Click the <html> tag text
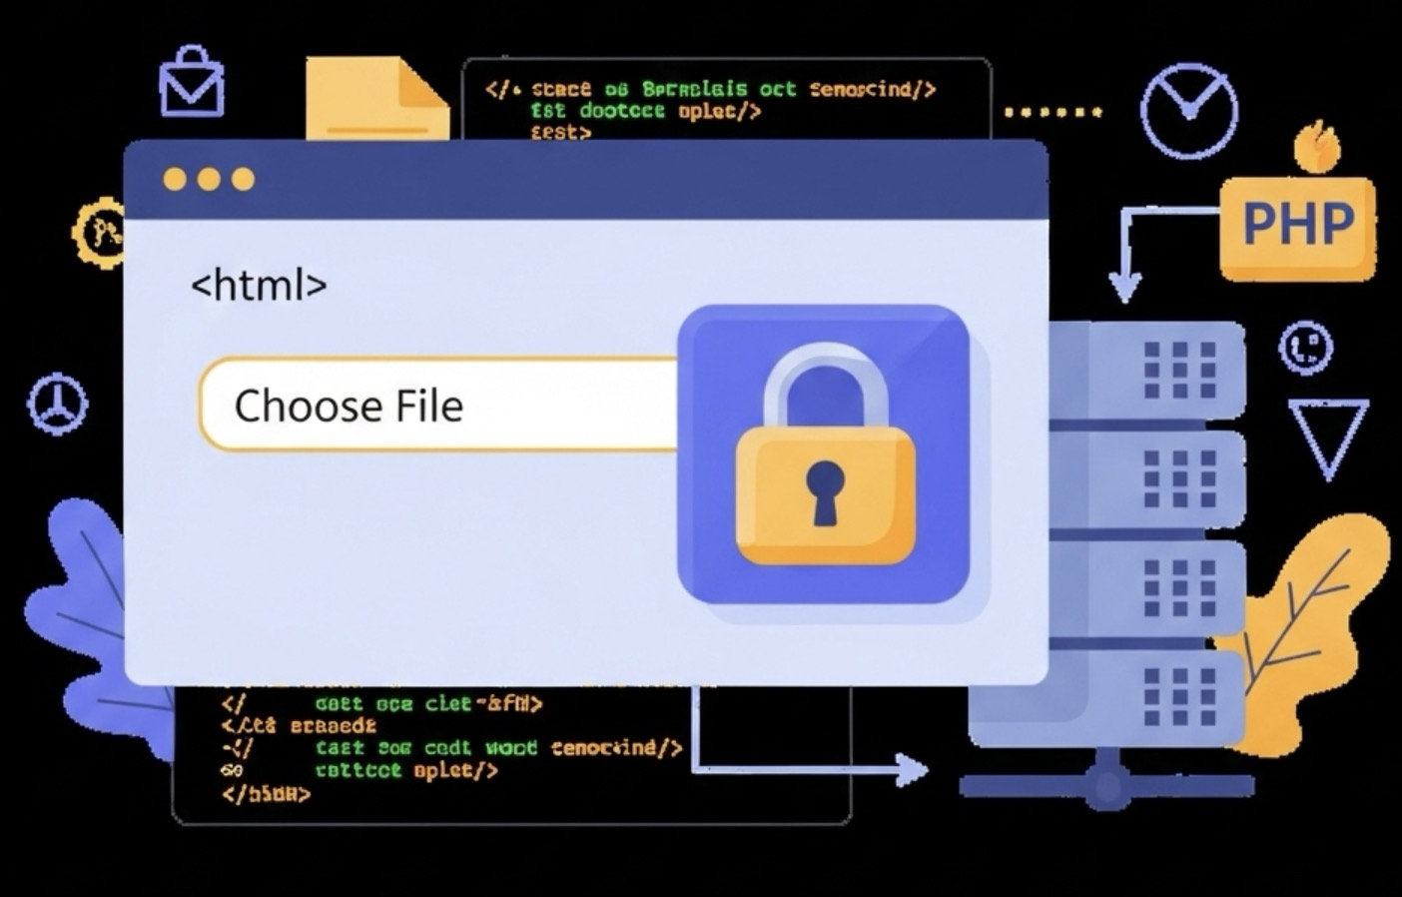pos(259,286)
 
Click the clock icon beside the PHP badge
pos(1188,111)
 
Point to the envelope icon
pos(192,82)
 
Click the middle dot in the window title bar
pos(209,180)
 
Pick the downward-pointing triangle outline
pos(1328,435)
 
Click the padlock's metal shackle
pos(825,385)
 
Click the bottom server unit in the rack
pos(1148,697)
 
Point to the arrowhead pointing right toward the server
pos(910,769)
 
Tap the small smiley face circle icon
pos(1306,347)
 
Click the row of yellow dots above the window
pos(1052,112)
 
